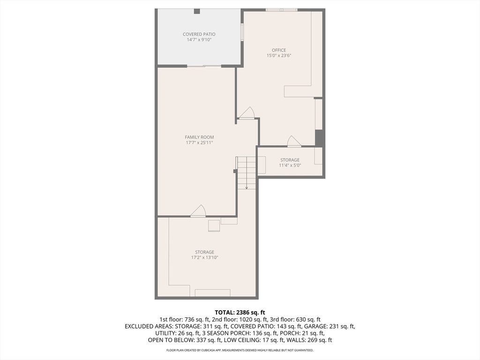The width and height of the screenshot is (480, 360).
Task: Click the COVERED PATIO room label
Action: click(x=199, y=34)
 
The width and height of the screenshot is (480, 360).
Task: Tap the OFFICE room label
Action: click(x=279, y=50)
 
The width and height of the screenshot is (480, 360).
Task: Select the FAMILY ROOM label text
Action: click(x=199, y=137)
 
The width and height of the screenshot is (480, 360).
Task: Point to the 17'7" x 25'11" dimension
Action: click(x=199, y=142)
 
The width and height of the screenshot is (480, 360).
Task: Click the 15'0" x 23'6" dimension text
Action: click(x=279, y=55)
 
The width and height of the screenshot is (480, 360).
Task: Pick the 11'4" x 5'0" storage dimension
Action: click(x=290, y=165)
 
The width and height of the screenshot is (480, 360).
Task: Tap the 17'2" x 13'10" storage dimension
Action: click(x=204, y=257)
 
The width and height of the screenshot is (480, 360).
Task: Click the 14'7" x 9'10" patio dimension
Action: click(x=199, y=40)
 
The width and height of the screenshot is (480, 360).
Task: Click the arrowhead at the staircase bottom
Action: click(x=247, y=187)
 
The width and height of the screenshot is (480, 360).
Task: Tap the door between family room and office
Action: click(x=247, y=114)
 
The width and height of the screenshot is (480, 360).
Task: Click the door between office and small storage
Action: click(x=294, y=142)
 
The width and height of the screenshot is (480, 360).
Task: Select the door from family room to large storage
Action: click(x=198, y=211)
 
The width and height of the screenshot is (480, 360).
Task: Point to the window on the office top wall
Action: click(x=281, y=9)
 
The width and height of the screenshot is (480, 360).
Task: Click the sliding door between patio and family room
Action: click(x=204, y=66)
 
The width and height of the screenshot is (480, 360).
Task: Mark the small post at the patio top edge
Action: click(x=197, y=11)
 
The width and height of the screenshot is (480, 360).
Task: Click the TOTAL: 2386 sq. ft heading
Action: click(x=240, y=312)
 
